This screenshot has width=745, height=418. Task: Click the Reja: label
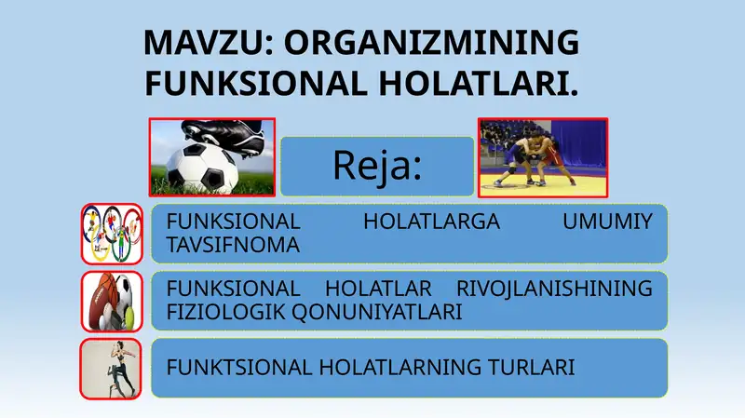tap(377, 167)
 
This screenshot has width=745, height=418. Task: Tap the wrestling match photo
tap(542, 157)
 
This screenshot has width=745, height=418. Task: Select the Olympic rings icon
tap(111, 234)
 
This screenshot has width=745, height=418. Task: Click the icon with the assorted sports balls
tap(111, 301)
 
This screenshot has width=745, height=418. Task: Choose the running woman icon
tap(111, 369)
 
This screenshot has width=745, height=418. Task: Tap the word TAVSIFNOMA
tap(232, 246)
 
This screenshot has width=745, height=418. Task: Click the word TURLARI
tap(532, 368)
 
